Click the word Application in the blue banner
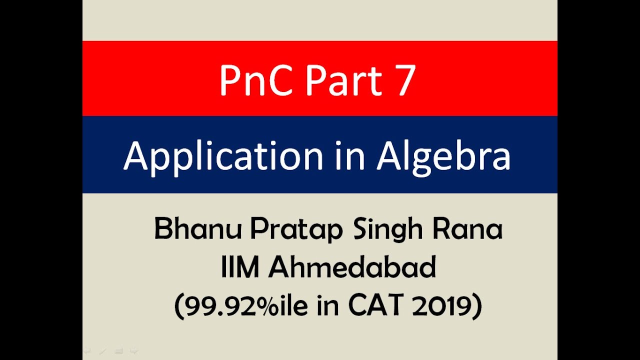coord(223,156)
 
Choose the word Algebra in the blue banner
coord(443,156)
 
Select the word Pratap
coord(296,230)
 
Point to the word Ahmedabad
coord(352,268)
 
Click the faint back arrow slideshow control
coord(87,351)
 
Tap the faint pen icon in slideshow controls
coord(102,351)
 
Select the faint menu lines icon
coord(118,351)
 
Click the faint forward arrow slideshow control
coord(133,351)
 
